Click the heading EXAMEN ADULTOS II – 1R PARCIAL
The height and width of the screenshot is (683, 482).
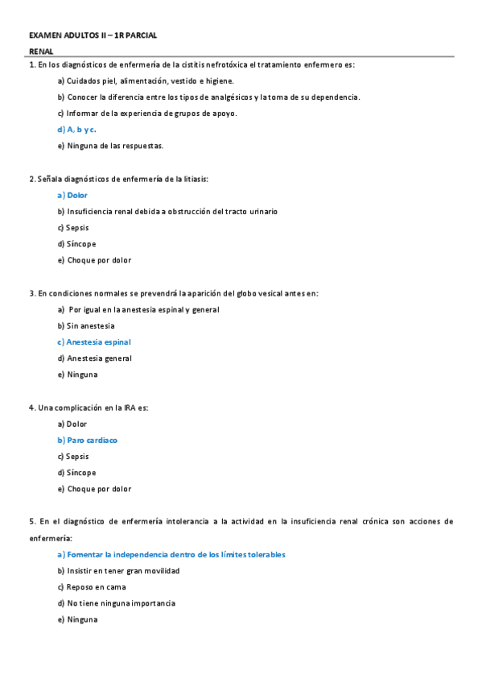click(x=93, y=35)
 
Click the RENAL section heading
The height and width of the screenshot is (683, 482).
click(x=41, y=52)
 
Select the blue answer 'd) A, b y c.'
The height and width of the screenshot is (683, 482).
click(x=77, y=130)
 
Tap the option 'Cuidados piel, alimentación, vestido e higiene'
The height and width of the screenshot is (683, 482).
click(x=146, y=81)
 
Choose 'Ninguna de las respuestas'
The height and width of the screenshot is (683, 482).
click(x=111, y=146)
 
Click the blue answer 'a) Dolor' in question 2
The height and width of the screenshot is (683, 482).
click(x=72, y=195)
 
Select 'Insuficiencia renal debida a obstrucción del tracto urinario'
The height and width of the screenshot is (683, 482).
click(x=167, y=211)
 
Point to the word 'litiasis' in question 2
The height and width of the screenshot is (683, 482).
click(x=204, y=179)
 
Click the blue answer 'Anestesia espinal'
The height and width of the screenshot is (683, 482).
click(x=94, y=341)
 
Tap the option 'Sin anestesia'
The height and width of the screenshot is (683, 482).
click(x=86, y=325)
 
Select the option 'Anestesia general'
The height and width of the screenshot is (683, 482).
click(x=95, y=358)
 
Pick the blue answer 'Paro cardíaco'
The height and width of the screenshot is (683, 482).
click(x=87, y=440)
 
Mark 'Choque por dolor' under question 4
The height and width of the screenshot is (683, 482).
click(x=94, y=489)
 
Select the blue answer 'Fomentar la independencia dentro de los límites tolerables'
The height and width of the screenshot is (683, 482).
click(x=171, y=554)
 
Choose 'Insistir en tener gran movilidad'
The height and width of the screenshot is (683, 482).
click(x=118, y=570)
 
